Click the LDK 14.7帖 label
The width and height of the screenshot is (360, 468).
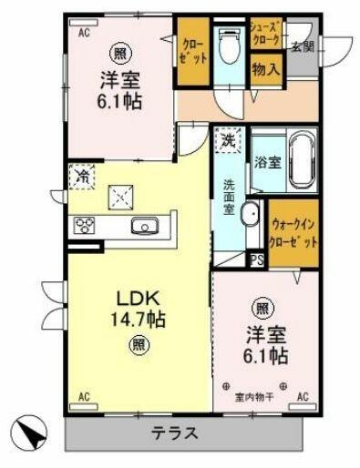click(x=138, y=308)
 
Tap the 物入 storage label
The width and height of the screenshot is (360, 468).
click(x=264, y=68)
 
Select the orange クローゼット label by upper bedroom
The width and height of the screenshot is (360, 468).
click(x=192, y=50)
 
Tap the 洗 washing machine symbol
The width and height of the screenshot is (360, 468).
click(x=229, y=141)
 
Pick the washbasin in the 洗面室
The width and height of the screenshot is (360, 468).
click(x=252, y=217)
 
